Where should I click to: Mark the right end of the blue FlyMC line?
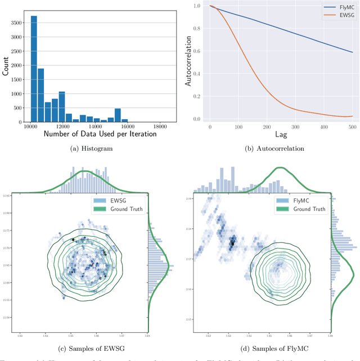point(353,52)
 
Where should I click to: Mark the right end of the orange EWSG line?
point(353,116)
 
